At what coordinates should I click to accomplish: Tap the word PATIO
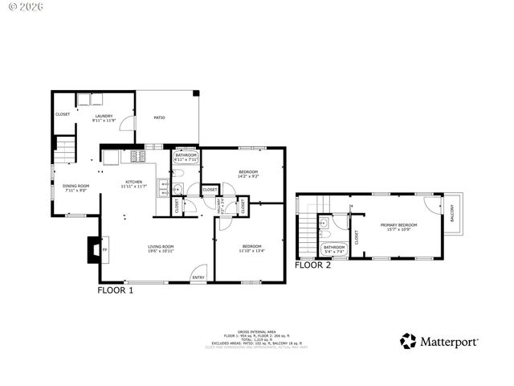point(159,118)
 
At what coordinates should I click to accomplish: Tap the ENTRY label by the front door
point(198,277)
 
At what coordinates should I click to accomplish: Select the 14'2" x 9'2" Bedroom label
point(248,174)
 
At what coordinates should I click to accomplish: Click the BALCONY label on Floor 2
point(452,214)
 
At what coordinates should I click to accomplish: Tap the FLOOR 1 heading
point(115,290)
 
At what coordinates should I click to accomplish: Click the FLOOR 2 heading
point(312,265)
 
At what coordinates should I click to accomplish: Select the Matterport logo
point(440,341)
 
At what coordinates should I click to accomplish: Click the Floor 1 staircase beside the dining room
point(65,149)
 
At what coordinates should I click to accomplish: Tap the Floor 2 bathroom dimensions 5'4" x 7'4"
point(334,251)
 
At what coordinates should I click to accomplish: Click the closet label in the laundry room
point(63,114)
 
